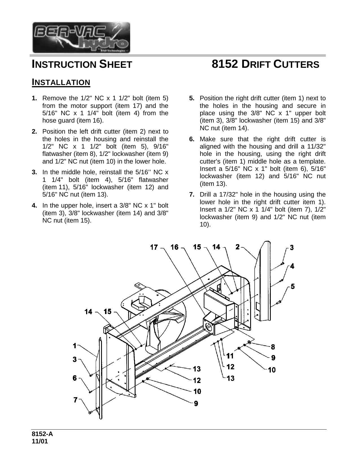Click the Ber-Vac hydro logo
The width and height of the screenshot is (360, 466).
81,38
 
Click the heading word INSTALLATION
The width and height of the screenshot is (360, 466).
61,82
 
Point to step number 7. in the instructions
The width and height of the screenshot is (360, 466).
192,195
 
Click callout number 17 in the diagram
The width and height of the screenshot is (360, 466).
154,247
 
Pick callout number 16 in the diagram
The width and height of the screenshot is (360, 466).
174,247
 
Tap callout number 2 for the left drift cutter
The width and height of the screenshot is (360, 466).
237,247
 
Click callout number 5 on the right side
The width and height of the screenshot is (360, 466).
293,287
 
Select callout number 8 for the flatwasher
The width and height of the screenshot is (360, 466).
273,347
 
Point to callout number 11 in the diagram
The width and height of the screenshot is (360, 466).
230,356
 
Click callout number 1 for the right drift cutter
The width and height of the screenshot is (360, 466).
75,345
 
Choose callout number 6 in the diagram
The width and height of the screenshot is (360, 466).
75,378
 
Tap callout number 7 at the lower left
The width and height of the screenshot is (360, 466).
75,400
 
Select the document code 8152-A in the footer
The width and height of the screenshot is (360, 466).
42,435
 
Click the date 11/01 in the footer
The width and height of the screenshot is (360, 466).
40,441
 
